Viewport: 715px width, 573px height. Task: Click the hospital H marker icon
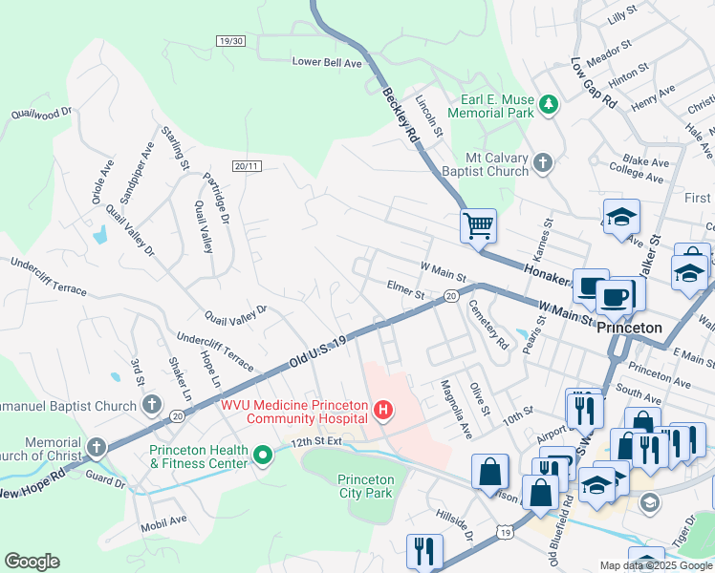(383, 412)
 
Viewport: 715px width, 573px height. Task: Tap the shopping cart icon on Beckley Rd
(478, 226)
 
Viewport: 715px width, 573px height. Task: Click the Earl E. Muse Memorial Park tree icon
(549, 104)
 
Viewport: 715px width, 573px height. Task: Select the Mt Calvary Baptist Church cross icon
(542, 163)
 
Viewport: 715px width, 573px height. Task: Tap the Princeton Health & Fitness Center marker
(263, 457)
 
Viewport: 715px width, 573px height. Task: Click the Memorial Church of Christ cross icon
(97, 447)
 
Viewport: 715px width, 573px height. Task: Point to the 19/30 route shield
(231, 41)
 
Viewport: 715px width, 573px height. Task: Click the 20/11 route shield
(247, 166)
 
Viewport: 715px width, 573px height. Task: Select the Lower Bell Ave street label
(327, 62)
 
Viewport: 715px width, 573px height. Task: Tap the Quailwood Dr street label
(41, 113)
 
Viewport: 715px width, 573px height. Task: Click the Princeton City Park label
(366, 486)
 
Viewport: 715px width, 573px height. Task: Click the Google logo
(32, 562)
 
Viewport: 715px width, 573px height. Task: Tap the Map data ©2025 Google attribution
(655, 564)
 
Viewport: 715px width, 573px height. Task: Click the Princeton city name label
(629, 328)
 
